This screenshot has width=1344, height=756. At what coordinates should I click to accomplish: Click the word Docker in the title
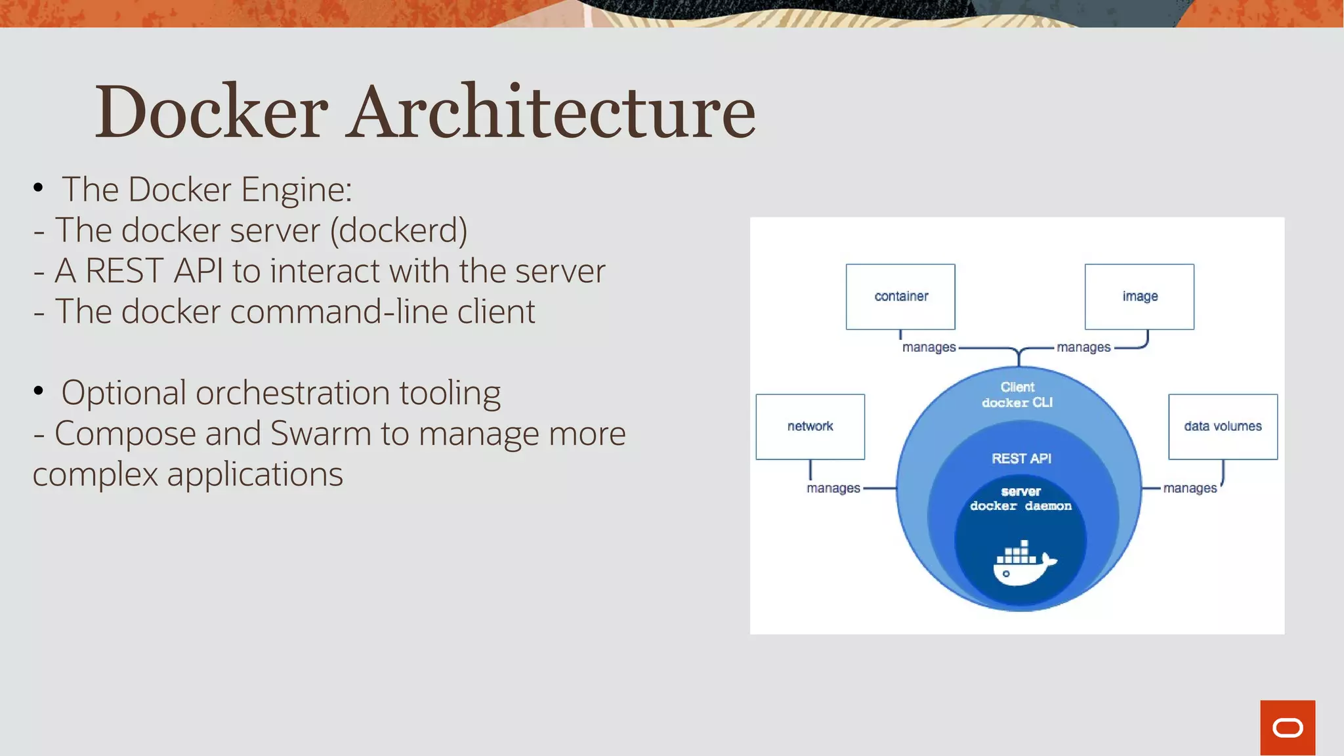point(211,112)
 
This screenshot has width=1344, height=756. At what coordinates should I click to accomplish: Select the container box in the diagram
point(900,297)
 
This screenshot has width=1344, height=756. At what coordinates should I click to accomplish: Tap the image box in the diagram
point(1139,297)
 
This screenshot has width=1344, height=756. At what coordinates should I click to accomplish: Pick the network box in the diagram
point(810,427)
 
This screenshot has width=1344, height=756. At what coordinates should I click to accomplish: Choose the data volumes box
point(1223,427)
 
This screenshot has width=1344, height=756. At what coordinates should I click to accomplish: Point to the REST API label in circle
point(1021,459)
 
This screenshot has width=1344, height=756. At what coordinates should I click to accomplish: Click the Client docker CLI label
point(1017,395)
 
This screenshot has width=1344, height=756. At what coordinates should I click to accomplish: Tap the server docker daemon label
point(1020,499)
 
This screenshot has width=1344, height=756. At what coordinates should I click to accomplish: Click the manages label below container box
point(929,347)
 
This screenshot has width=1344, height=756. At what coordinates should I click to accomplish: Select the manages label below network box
point(833,488)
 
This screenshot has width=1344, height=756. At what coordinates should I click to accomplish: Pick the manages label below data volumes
point(1190,488)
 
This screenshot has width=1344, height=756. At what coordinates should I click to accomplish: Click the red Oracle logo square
point(1287,727)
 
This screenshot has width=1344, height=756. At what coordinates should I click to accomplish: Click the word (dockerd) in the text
point(398,231)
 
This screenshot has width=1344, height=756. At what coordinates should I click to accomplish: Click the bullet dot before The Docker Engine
point(38,188)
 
